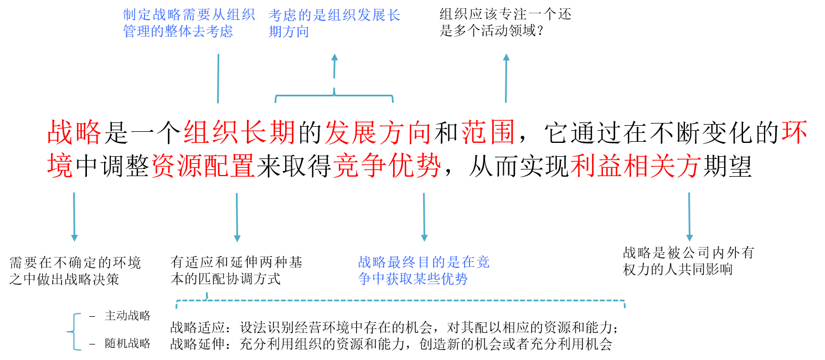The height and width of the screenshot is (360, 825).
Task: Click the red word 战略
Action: point(75,133)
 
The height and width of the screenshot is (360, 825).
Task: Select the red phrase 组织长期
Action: point(239,133)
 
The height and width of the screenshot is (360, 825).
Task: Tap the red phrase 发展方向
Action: point(378,133)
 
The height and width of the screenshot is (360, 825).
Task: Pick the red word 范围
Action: point(488,133)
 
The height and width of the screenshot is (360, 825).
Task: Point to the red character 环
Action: point(793,133)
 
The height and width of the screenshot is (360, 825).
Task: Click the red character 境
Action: point(60,166)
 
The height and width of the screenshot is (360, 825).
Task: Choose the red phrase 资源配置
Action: point(203,166)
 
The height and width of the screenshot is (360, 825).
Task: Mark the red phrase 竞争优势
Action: point(386,166)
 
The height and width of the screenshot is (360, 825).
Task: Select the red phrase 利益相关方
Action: point(636,166)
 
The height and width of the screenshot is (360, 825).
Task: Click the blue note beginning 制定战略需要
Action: point(188,23)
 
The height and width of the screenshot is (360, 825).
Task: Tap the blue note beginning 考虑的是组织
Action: point(334,23)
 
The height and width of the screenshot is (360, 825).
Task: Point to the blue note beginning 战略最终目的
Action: point(424,270)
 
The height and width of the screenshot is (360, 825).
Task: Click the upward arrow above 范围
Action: point(506,78)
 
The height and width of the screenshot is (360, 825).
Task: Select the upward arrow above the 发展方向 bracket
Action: point(334,66)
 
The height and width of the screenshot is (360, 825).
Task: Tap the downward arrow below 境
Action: point(74,217)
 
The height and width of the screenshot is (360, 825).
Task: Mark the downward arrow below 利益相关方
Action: point(689,217)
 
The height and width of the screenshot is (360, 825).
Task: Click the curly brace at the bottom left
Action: point(75,332)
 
